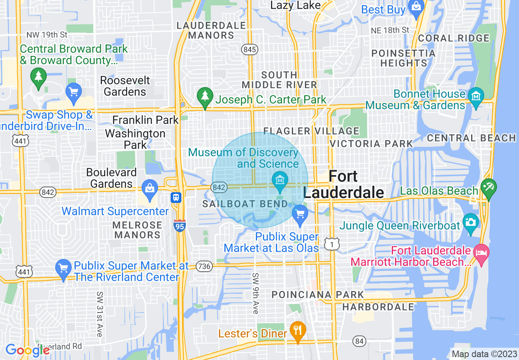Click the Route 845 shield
[x=249, y=49]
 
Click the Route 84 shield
[x=359, y=341]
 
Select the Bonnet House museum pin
[x=476, y=97]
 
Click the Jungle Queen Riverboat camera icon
[x=471, y=223]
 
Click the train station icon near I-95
[x=176, y=198]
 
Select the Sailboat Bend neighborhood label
[x=245, y=204]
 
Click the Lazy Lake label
[x=296, y=5]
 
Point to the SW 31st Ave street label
[x=99, y=314]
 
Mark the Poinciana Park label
[x=318, y=295]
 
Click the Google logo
[x=27, y=350]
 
